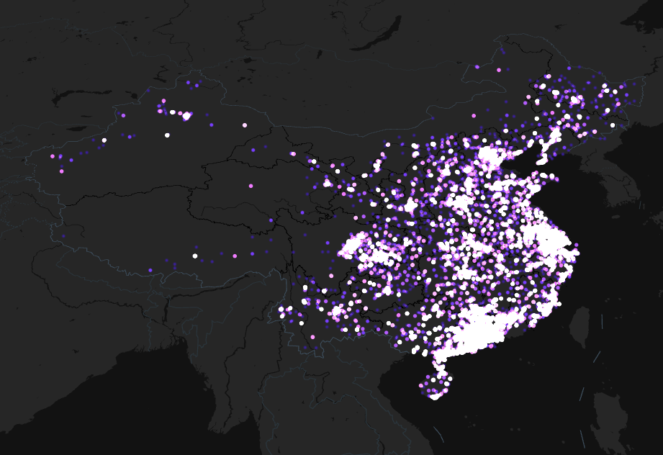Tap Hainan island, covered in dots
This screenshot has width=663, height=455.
(x=433, y=385)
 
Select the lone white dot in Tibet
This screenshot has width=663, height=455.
(x=195, y=256)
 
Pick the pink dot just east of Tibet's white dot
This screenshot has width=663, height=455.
(x=235, y=256)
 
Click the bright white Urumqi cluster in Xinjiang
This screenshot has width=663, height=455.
(x=186, y=115)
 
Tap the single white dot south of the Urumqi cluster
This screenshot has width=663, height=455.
(x=167, y=135)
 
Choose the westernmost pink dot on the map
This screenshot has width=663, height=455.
(x=53, y=156)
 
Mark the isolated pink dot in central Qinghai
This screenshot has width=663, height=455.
(x=251, y=186)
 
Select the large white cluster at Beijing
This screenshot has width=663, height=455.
(x=490, y=156)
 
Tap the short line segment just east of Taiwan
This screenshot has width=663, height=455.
(x=597, y=356)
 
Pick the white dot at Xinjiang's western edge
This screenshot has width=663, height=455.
(x=104, y=140)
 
